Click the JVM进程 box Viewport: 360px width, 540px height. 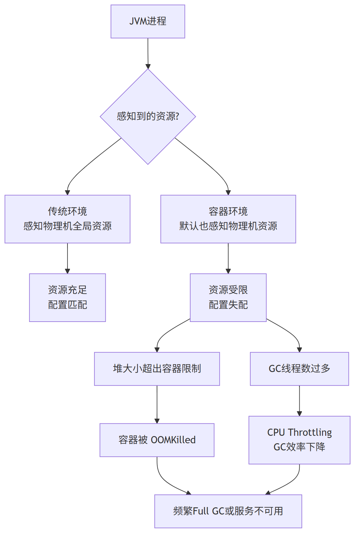[148, 21]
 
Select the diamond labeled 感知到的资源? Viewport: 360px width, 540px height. [148, 116]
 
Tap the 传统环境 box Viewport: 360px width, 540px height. [67, 219]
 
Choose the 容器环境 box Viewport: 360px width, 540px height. [228, 219]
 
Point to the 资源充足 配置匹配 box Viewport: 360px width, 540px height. [67, 297]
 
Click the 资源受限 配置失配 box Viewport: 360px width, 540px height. [228, 297]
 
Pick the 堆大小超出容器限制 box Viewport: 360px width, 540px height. [157, 369]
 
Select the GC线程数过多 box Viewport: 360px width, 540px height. [299, 369]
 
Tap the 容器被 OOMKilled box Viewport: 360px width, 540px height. [157, 440]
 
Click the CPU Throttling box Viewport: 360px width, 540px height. [299, 440]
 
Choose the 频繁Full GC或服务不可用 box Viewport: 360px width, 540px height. [228, 511]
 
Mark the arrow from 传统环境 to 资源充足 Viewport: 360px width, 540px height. [67, 258]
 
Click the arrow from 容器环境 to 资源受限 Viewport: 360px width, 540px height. [228, 258]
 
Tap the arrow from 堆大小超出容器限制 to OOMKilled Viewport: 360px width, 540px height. [157, 404]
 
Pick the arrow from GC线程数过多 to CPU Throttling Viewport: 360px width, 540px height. [299, 401]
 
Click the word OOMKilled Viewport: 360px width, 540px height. [173, 440]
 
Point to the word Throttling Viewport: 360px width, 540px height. [310, 433]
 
